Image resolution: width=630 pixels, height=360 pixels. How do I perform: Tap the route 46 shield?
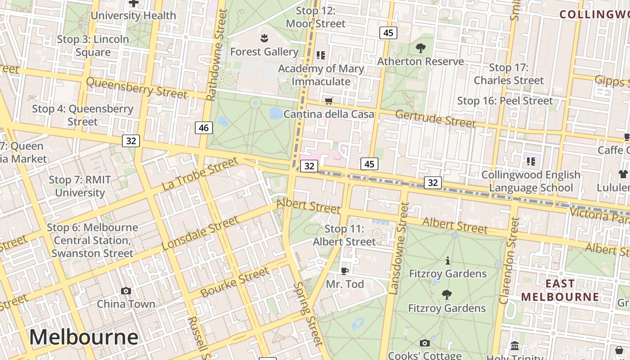pos(203,128)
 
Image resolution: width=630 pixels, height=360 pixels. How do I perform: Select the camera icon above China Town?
pos(126,291)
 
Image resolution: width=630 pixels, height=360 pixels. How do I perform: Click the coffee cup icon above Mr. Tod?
pos(345,270)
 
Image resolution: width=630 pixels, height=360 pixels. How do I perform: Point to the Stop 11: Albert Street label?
pos(344,235)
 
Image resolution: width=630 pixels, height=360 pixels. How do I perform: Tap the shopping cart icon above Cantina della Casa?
pos(329,101)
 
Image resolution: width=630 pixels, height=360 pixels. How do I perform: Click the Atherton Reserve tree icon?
pos(421,48)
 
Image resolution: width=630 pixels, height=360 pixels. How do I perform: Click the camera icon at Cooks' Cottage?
pos(424,343)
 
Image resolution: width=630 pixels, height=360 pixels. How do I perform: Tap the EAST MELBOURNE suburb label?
pos(560,290)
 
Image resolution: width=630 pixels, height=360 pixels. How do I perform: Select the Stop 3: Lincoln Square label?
pos(93,45)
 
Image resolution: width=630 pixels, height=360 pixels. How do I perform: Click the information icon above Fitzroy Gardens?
pos(447,261)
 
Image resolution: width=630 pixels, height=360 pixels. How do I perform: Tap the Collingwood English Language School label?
pos(531,181)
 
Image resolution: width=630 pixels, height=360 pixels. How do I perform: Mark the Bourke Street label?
pos(234,283)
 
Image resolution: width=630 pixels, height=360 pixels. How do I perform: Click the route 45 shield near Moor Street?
pos(388,32)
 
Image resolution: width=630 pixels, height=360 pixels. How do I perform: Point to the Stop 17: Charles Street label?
pos(508,74)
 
